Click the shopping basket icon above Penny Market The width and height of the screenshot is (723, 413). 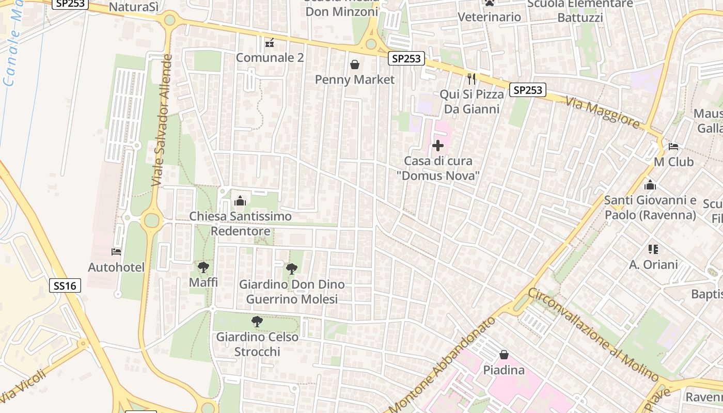355,65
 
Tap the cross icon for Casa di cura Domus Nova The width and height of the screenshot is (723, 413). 437,146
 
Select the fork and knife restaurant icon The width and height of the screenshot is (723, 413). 471,78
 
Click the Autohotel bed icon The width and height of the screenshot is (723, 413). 116,252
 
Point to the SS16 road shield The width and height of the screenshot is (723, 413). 66,285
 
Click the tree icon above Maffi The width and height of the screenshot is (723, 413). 203,267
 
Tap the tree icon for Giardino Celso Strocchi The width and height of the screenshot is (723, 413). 257,322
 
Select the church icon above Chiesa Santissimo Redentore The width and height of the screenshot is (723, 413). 240,201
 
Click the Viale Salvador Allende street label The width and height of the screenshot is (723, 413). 161,120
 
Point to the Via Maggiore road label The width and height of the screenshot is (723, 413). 602,112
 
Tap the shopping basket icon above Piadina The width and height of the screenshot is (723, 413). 504,355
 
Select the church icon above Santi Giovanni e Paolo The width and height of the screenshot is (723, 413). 650,184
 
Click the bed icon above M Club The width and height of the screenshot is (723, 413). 673,147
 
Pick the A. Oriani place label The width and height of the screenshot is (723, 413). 653,265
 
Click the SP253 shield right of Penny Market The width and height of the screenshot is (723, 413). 406,58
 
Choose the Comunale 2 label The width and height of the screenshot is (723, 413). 270,57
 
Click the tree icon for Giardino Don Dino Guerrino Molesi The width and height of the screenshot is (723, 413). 292,268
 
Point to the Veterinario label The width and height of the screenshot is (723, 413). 490,17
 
